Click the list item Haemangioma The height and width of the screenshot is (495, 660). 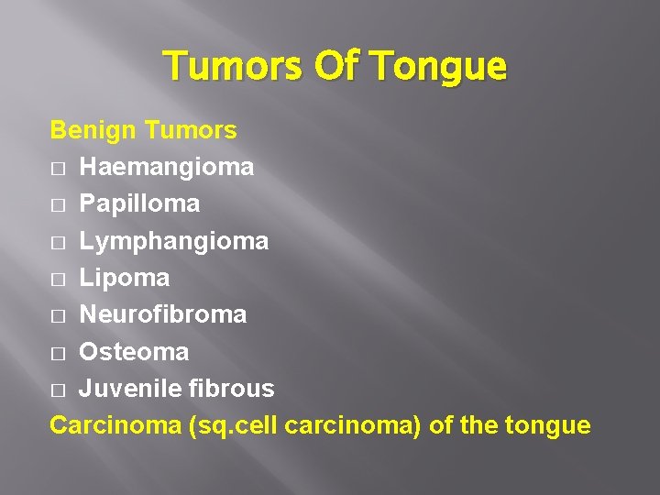[x=167, y=167]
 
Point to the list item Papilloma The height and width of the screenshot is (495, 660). [x=139, y=203]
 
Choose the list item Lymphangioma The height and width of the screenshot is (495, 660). [x=174, y=241]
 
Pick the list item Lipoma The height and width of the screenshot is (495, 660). [x=125, y=278]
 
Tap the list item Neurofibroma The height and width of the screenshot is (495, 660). [x=163, y=314]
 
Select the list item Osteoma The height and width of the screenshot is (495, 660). [x=134, y=352]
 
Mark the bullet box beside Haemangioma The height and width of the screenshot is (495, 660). [x=59, y=169]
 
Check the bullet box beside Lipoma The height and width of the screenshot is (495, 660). [x=59, y=280]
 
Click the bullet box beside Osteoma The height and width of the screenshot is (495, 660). [x=59, y=353]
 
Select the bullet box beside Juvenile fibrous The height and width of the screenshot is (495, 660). [x=59, y=390]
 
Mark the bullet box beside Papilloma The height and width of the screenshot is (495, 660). [x=59, y=205]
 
